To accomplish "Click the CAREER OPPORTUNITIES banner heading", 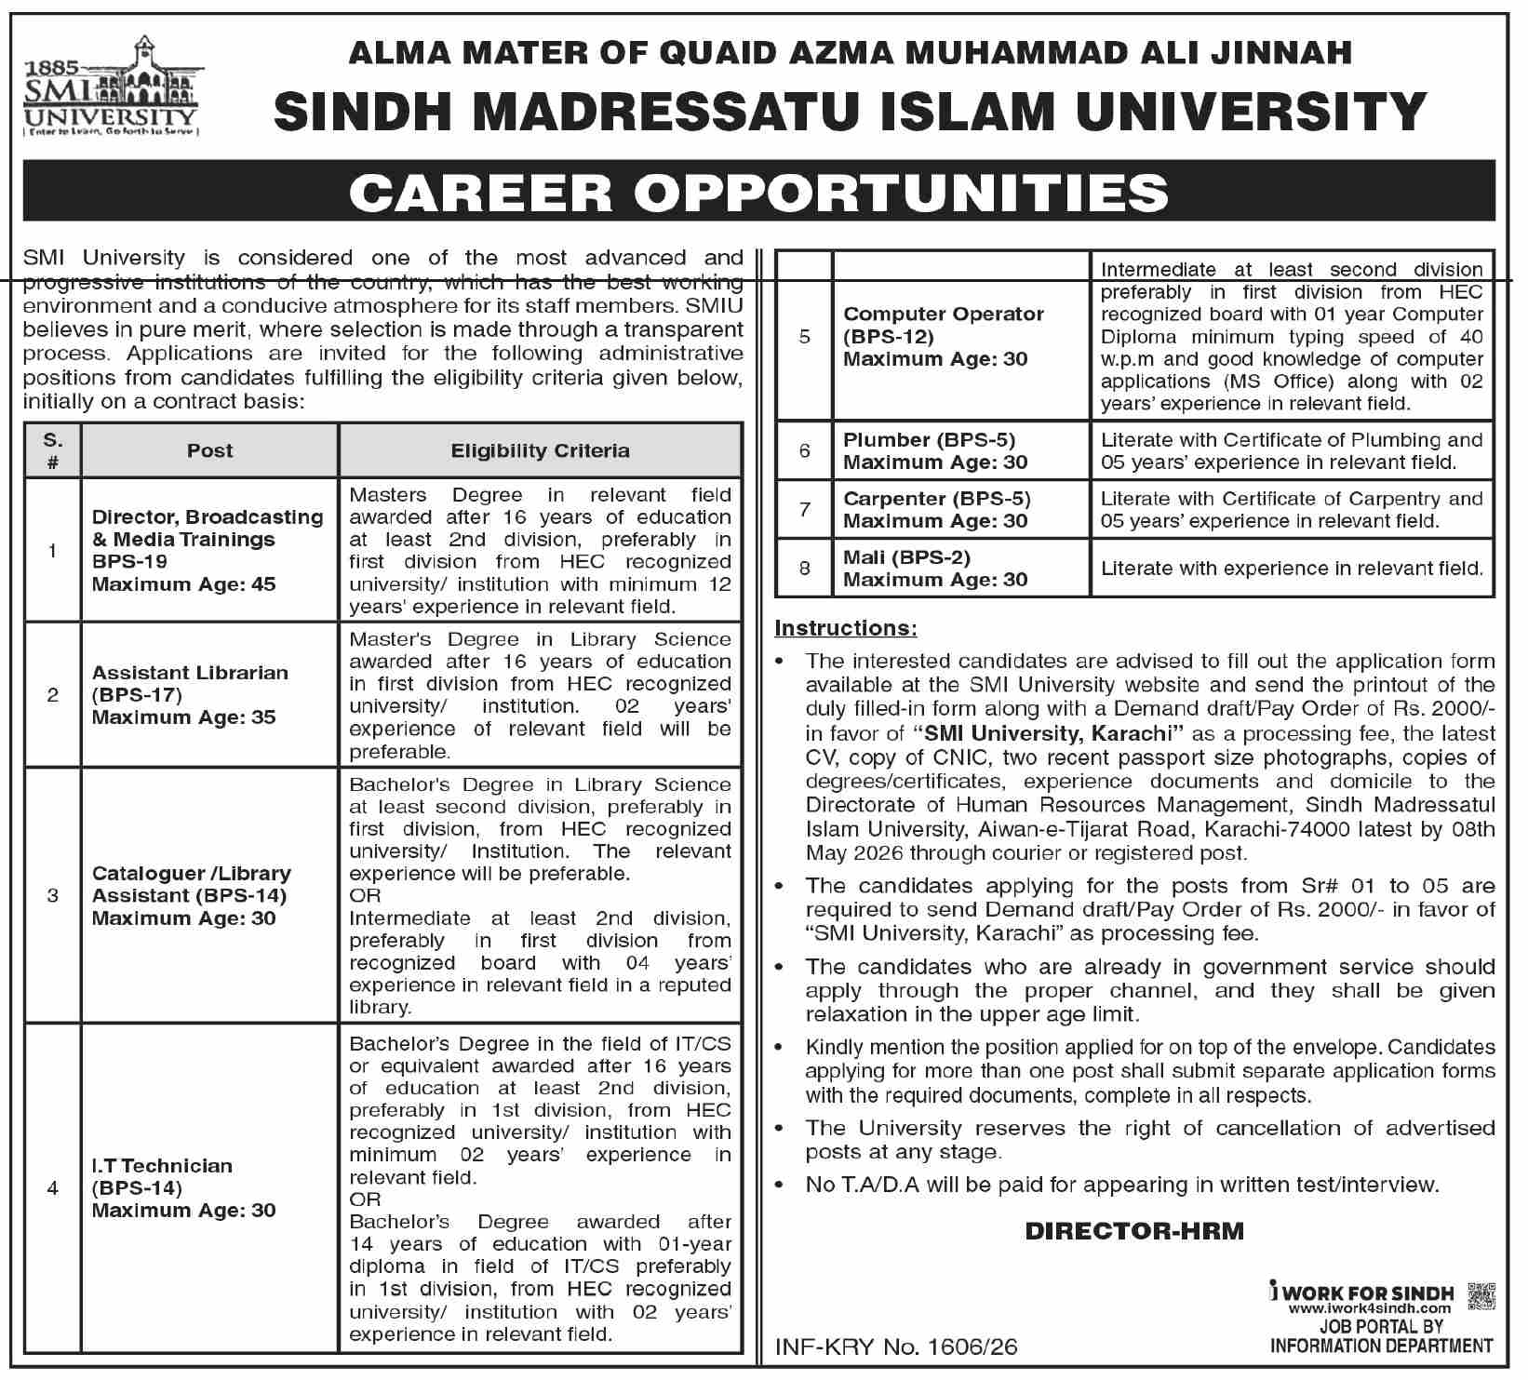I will [758, 192].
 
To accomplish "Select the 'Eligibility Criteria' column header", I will [540, 451].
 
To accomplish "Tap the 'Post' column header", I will [209, 451].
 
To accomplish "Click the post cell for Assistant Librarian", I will [209, 695].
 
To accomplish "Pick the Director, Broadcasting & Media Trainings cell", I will [209, 550].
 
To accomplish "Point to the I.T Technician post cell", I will [209, 1187].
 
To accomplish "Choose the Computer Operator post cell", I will [959, 336].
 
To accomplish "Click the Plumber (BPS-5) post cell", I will [959, 450].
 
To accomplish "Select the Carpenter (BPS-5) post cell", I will [959, 509].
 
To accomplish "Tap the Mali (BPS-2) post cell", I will [959, 568].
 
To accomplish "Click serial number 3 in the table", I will [53, 895].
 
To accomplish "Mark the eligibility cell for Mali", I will [1292, 568].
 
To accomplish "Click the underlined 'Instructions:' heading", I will [846, 628].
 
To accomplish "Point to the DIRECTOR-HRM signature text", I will [1134, 1231].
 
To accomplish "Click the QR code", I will [1480, 1296].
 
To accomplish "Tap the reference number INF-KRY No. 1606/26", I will [896, 1347].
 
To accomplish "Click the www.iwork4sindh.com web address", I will [1370, 1309].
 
